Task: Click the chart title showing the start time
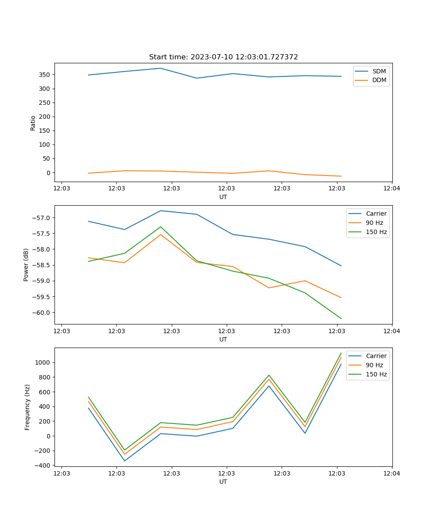223,57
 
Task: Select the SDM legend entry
379,71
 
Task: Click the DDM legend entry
379,80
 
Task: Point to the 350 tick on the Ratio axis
44,75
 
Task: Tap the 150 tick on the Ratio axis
44,131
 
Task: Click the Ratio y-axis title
33,123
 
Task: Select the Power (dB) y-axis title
26,265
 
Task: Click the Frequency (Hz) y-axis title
27,407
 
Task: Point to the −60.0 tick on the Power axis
42,313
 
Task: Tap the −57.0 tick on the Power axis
42,218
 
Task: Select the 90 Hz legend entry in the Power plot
374,223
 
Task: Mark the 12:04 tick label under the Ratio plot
391,189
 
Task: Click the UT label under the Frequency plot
223,482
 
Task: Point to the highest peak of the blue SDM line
160,68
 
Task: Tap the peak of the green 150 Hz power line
160,227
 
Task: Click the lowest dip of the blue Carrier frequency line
125,461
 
